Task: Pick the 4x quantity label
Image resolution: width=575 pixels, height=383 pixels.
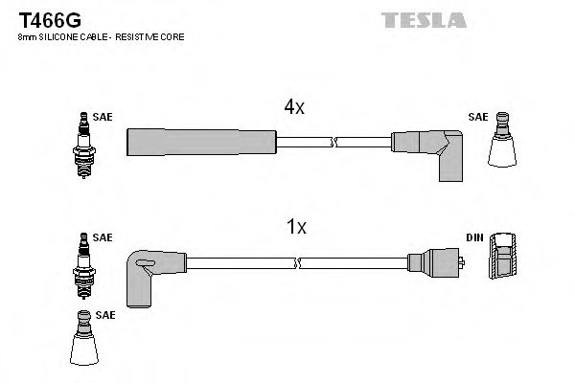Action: point(293,108)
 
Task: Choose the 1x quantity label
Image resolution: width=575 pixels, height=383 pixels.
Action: point(296,227)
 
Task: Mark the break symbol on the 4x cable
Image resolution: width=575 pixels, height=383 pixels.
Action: point(332,143)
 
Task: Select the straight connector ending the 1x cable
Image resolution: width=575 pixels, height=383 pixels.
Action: point(435,262)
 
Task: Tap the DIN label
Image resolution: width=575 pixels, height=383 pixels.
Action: point(475,237)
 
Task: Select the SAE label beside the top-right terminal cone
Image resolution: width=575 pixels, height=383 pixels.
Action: point(477,117)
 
